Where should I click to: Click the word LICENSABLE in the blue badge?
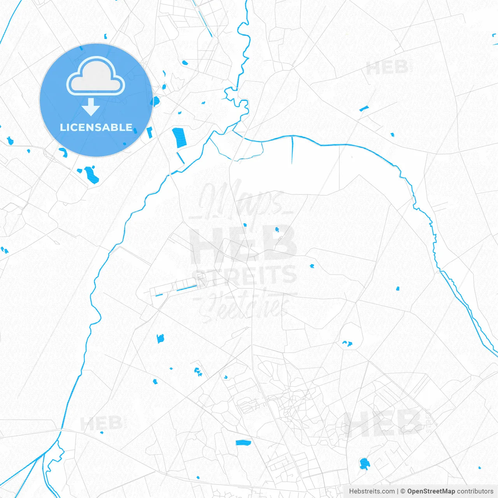click(x=96, y=127)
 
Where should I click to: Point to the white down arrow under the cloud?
click(x=91, y=107)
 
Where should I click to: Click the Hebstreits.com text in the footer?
click(x=372, y=491)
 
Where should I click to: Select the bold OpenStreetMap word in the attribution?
click(x=431, y=491)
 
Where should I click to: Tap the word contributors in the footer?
click(x=475, y=491)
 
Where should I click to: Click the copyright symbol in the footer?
click(x=403, y=491)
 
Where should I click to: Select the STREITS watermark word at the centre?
click(x=245, y=275)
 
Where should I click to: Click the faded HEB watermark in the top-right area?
click(x=387, y=68)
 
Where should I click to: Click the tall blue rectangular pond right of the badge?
click(x=179, y=137)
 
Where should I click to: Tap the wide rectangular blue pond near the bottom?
click(x=243, y=442)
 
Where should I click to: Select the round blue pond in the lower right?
click(x=365, y=463)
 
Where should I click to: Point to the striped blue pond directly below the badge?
click(x=92, y=174)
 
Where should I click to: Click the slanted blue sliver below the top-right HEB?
click(x=364, y=109)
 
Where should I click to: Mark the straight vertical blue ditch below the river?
click(x=292, y=150)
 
